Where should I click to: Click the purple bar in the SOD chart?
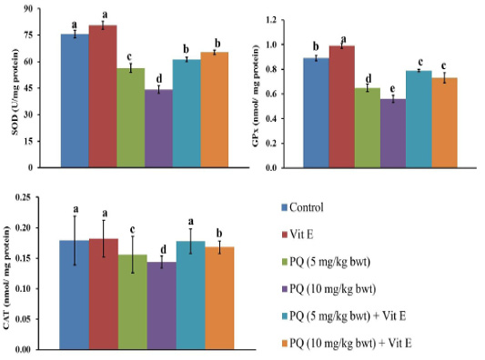[x=158, y=128]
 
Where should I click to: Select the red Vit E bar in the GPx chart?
[x=342, y=107]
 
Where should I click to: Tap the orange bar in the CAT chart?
[x=219, y=298]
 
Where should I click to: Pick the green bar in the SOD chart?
[x=130, y=118]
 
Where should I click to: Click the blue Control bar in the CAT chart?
[x=75, y=295]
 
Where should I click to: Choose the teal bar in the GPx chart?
[x=419, y=119]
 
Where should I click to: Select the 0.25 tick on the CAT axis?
[x=24, y=197]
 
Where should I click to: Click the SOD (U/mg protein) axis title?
[x=15, y=92]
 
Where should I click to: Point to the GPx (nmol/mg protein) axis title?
[x=256, y=95]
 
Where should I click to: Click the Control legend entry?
[x=302, y=207]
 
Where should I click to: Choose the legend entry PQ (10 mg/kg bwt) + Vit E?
[x=347, y=343]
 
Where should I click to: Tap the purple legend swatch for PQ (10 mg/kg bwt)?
[x=284, y=289]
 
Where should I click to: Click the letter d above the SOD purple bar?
[x=159, y=78]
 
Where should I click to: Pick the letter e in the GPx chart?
[x=392, y=89]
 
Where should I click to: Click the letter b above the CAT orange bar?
[x=219, y=234]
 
